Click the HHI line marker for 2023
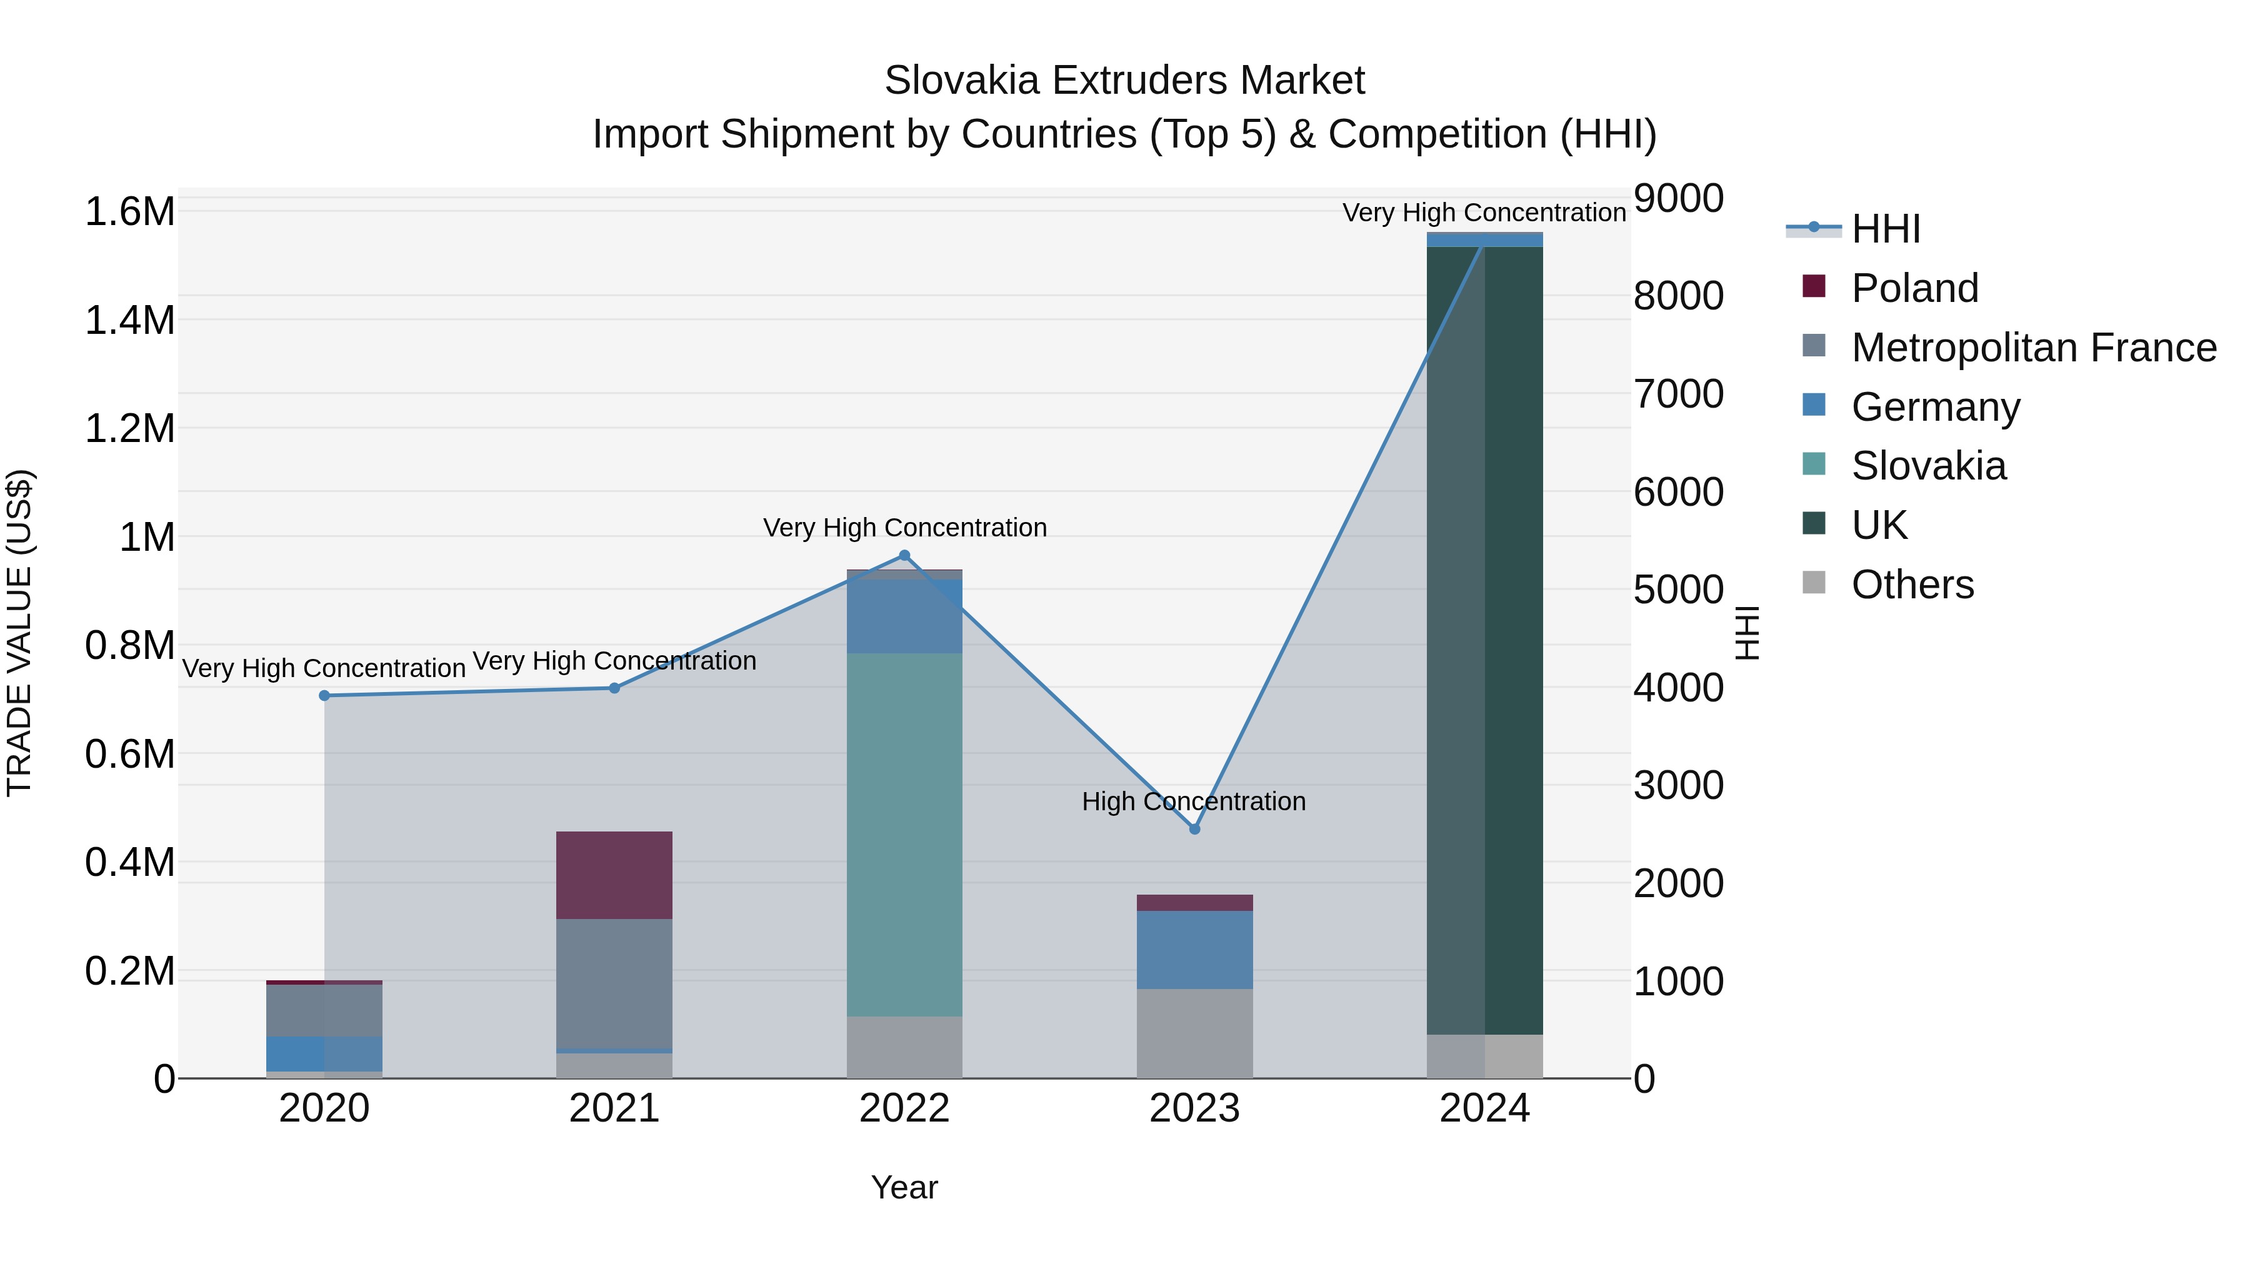(1195, 829)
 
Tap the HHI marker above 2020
(324, 695)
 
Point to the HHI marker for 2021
(614, 688)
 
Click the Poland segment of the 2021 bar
(614, 875)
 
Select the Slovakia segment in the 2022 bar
(904, 835)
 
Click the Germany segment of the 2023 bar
(1195, 950)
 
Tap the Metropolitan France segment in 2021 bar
(614, 984)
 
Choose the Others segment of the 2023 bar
(1195, 1033)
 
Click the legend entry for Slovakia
(1929, 466)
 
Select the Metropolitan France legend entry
(2033, 348)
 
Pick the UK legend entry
(1879, 525)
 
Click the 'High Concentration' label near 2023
(1194, 801)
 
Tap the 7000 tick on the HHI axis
(1679, 394)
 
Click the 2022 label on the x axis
(904, 1108)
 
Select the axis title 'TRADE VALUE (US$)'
(20, 633)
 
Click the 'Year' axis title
(904, 1187)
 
